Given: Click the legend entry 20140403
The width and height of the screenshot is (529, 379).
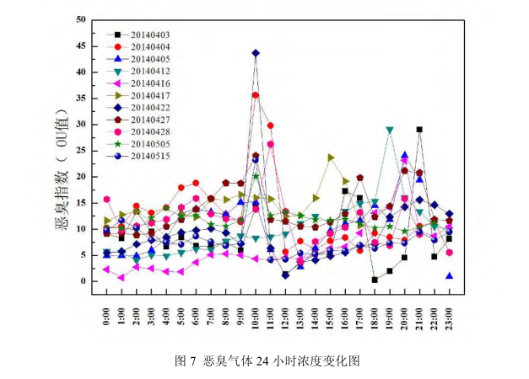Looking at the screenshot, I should [148, 35].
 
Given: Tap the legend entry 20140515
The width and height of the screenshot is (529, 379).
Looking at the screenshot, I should [148, 156].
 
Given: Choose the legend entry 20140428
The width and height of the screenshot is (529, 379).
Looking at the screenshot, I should [148, 131].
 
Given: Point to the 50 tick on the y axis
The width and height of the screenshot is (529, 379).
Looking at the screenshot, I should [80, 19].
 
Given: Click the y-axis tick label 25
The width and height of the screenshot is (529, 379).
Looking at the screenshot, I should [80, 151].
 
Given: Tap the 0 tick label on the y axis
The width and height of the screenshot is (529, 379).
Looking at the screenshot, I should [83, 281].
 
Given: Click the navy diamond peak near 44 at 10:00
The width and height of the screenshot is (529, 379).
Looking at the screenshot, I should [256, 53].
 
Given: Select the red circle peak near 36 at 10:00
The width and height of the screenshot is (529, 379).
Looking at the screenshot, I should [256, 95].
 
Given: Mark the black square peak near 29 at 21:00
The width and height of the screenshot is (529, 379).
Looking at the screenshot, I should [419, 130].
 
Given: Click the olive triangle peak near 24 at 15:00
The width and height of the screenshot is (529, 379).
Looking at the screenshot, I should [330, 157].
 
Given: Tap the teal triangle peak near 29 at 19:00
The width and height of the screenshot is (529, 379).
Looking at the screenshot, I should [390, 131].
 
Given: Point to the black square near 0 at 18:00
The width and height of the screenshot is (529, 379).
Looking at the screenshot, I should [375, 280].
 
